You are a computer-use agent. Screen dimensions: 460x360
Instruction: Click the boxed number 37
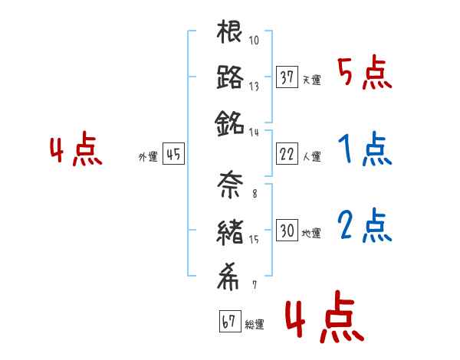coord(287,78)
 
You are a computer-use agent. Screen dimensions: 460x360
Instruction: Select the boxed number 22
coord(287,154)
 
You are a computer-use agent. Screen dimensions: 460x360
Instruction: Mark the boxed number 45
coord(173,155)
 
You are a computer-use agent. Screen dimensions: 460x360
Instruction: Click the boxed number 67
coord(229,322)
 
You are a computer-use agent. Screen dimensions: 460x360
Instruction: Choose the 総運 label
coord(255,325)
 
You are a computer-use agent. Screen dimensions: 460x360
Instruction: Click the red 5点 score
coord(364,74)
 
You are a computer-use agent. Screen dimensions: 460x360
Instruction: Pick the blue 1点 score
coord(364,149)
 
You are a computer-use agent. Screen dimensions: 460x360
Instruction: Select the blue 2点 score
coord(364,226)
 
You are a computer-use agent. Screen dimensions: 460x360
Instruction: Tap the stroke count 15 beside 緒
coord(254,238)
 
